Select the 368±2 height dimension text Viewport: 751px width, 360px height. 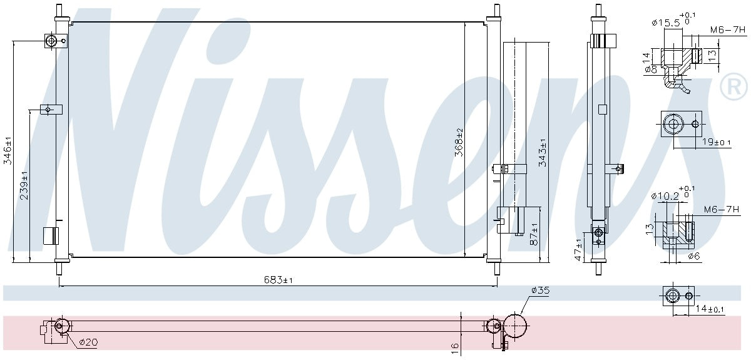coord(459,142)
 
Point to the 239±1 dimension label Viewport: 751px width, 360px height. coord(24,185)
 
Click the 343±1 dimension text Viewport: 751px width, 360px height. coord(543,152)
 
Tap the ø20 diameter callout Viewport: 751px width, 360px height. coord(87,342)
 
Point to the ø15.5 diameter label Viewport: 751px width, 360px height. coord(667,23)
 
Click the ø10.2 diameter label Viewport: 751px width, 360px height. coord(665,196)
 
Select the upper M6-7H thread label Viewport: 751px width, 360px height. coord(728,29)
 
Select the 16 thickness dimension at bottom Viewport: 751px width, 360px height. coord(455,346)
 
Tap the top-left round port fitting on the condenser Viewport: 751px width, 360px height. coord(51,41)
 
